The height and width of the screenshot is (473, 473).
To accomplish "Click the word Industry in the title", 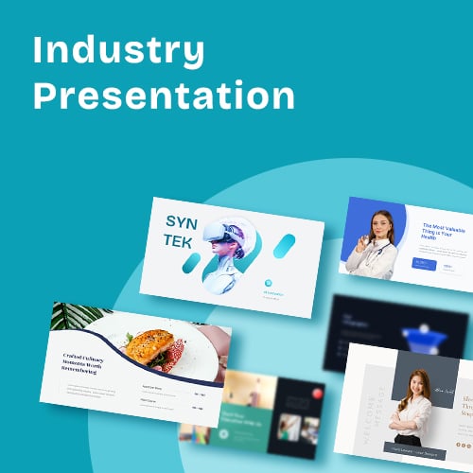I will point(118,51).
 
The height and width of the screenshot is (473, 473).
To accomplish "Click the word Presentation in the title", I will point(163,96).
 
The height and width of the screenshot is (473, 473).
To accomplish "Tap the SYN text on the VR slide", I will point(183,222).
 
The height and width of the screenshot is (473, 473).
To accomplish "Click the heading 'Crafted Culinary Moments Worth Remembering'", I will point(89,364).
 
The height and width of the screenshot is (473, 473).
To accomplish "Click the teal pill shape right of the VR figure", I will point(282,246).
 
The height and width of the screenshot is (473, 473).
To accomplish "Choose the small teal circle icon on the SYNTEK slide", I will point(269,282).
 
